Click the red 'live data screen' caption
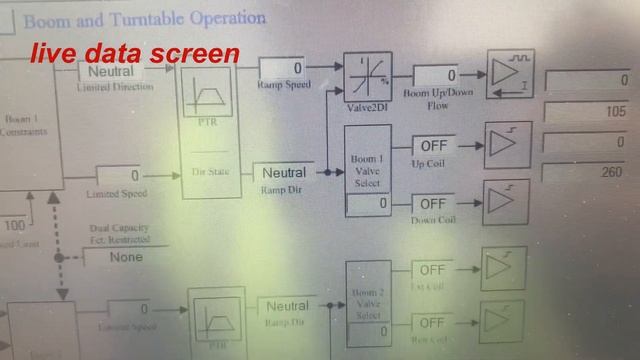coord(133,53)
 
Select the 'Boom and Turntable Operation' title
coord(145,19)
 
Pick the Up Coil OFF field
coord(433,146)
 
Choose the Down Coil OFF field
coord(433,204)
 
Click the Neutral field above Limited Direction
coord(112,71)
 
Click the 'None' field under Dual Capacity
coord(126,256)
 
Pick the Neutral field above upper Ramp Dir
coord(284,172)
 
